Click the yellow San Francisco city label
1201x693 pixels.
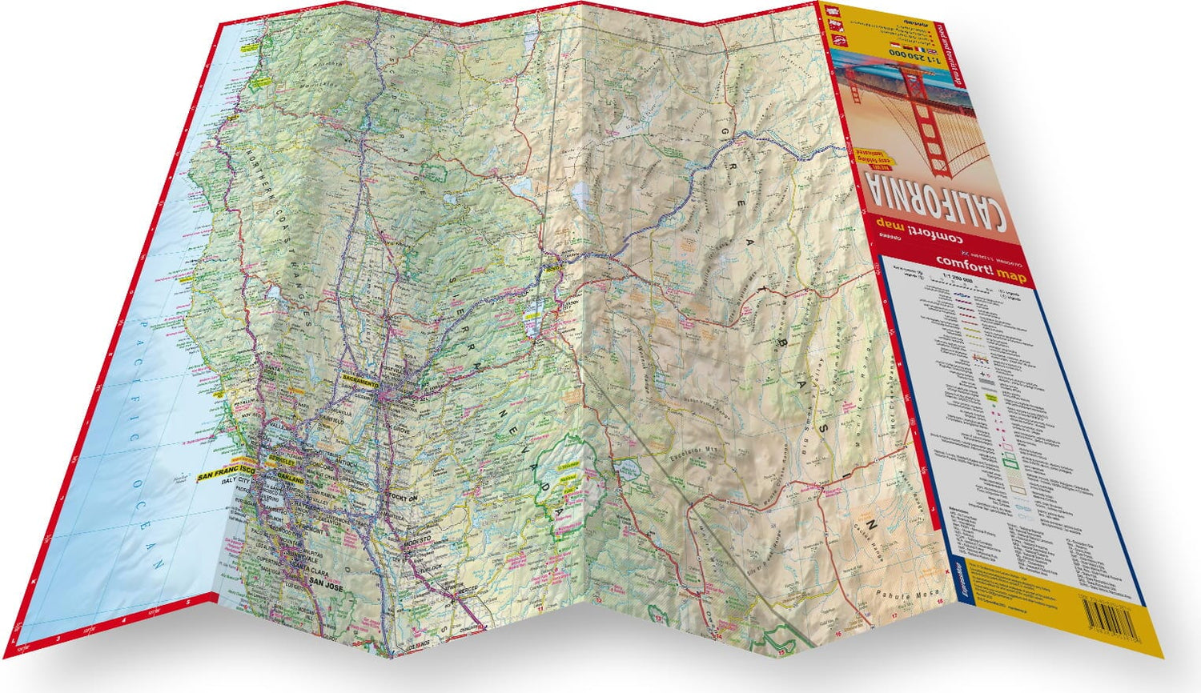(226, 475)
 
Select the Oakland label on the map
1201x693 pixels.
(291, 479)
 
